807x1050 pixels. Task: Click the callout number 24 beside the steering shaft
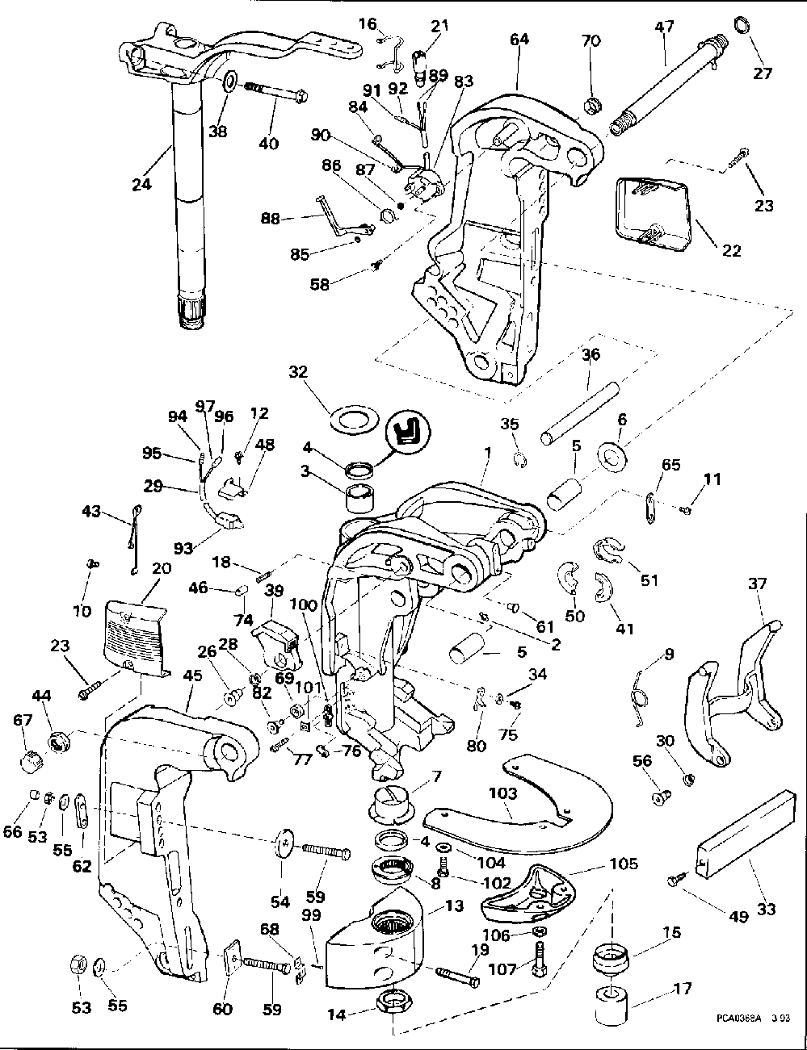point(141,185)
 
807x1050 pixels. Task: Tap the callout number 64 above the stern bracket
point(520,39)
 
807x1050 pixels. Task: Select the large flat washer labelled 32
point(355,420)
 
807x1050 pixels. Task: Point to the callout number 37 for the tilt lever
point(756,583)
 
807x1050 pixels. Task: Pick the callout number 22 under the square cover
point(731,250)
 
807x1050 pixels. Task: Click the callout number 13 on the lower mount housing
point(455,906)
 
